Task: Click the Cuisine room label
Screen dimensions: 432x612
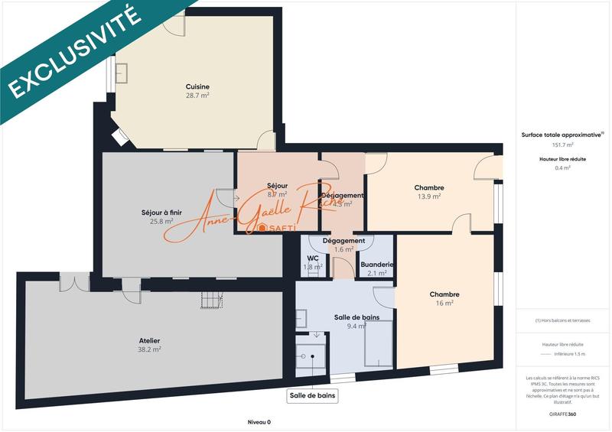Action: point(197,87)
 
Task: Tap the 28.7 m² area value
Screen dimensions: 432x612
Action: point(197,96)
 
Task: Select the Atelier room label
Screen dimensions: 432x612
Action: point(150,340)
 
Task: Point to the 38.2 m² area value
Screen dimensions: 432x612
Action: point(150,349)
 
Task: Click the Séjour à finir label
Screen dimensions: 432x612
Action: point(161,212)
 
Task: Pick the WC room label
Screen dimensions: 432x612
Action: point(312,258)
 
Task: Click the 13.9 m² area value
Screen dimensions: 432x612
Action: point(428,197)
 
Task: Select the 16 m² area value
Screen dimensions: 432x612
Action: point(444,303)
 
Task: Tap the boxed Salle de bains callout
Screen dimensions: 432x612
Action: point(312,396)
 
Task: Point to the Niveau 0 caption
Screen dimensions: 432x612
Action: point(259,422)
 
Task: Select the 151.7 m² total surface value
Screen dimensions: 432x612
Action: point(563,144)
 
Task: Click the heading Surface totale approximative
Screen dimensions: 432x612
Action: point(562,134)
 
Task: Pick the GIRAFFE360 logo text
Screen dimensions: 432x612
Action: point(563,413)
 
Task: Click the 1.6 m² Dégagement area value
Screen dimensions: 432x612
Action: point(343,249)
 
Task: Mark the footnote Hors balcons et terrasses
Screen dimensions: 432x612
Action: point(564,320)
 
